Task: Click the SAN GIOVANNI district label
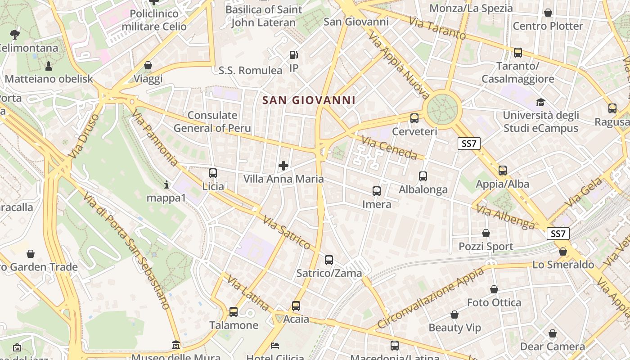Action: click(309, 100)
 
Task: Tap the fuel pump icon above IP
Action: click(293, 55)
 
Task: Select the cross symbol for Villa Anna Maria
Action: click(283, 166)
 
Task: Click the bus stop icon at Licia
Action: click(213, 173)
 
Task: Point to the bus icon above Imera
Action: click(377, 191)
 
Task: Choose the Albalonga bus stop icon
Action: click(423, 176)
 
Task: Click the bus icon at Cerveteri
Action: click(414, 118)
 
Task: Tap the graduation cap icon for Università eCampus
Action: click(540, 102)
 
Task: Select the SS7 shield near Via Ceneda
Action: click(469, 144)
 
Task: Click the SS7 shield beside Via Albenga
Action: click(558, 234)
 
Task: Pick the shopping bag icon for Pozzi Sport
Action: click(486, 233)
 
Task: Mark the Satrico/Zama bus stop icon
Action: click(329, 260)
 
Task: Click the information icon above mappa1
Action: click(166, 184)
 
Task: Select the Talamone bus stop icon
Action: click(234, 311)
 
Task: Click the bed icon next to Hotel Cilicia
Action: click(275, 346)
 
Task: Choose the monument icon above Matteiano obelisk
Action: click(49, 66)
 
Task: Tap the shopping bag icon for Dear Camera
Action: click(552, 333)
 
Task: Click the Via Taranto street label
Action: click(437, 28)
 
